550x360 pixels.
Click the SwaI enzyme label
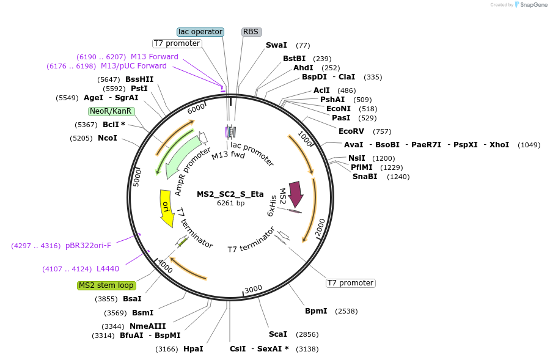[x=276, y=45]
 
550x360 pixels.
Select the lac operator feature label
[x=200, y=32]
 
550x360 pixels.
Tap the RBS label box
[x=251, y=32]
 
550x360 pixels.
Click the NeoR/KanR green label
[x=110, y=111]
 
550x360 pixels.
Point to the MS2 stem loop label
[x=106, y=285]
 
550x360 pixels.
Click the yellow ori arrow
[x=166, y=208]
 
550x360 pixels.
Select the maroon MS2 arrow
[x=296, y=195]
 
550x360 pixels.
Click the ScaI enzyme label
[x=278, y=334]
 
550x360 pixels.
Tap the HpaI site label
[x=193, y=349]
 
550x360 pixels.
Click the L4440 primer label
[x=108, y=269]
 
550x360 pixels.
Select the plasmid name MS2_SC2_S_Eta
[x=230, y=194]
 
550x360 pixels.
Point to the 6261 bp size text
[x=230, y=203]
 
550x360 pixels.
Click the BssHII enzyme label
[x=139, y=79]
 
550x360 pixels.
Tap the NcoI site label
[x=108, y=138]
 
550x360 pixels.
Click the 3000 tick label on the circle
[x=253, y=289]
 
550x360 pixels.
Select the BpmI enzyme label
[x=317, y=311]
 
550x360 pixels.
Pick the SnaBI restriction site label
[x=365, y=177]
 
